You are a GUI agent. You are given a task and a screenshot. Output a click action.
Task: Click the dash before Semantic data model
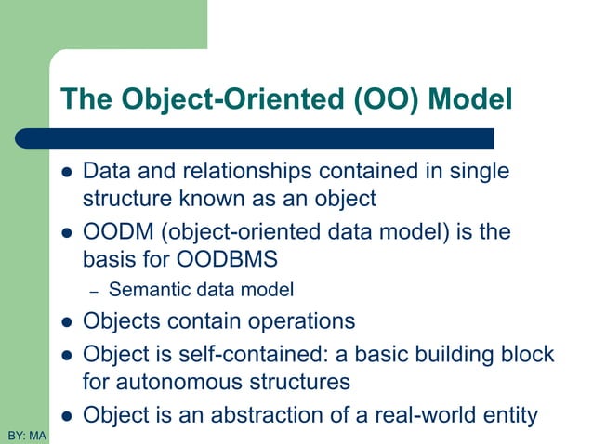point(93,292)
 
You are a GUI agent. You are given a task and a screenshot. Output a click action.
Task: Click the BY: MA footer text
point(26,435)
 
